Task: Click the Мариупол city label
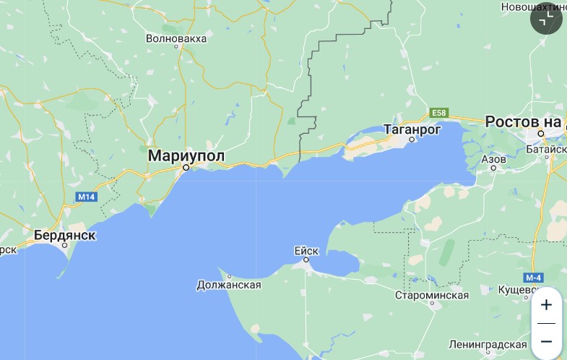[x=186, y=155]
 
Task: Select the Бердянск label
[x=65, y=235]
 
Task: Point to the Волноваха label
[x=176, y=38]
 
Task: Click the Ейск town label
[x=306, y=251]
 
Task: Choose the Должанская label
[x=228, y=285]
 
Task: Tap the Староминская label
[x=432, y=295]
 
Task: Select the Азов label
[x=493, y=158]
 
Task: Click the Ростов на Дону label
[x=524, y=121]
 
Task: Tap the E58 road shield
[x=439, y=113]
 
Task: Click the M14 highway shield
[x=87, y=197]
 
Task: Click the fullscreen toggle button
[x=546, y=19]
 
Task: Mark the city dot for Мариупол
[x=186, y=168]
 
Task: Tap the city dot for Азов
[x=494, y=168]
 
